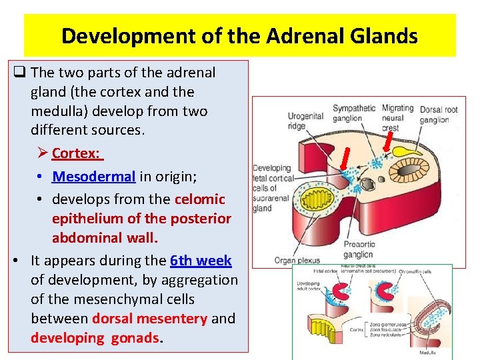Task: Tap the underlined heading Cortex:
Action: pos(76,153)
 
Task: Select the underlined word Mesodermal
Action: pos(94,177)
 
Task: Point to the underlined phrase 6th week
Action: pos(201,261)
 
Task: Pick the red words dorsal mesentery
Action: pos(149,319)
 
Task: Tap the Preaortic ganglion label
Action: pos(359,249)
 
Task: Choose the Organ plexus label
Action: pos(294,260)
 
